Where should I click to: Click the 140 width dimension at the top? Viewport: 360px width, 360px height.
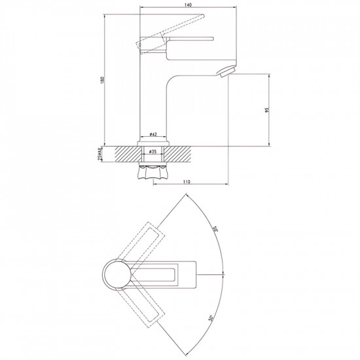click(x=188, y=5)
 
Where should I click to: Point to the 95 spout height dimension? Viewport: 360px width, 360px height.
click(x=264, y=109)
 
